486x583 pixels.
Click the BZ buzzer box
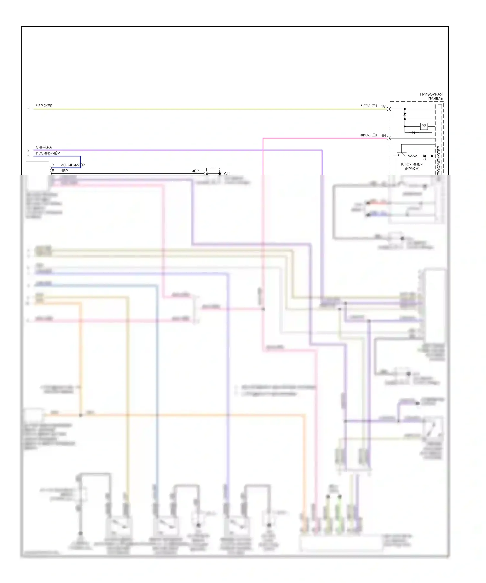(x=424, y=126)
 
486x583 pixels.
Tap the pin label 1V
(x=383, y=107)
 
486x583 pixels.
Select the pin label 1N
(x=383, y=136)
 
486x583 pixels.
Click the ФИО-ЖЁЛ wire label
(x=369, y=135)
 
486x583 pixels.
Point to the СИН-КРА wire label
(x=43, y=147)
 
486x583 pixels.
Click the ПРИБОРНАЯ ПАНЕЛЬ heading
(x=431, y=96)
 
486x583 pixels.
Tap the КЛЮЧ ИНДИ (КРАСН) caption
(x=412, y=166)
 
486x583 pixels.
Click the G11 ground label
(x=227, y=174)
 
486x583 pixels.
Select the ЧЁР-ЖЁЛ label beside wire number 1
(x=44, y=106)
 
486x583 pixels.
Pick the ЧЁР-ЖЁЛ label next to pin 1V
(x=369, y=106)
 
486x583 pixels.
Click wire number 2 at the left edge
(x=28, y=150)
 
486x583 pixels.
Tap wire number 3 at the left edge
(x=28, y=156)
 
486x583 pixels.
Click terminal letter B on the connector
(x=53, y=165)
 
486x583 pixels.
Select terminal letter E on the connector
(x=53, y=171)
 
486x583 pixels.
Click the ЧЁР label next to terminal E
(x=64, y=171)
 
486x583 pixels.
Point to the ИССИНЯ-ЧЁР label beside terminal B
(x=72, y=165)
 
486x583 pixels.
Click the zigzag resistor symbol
(x=413, y=156)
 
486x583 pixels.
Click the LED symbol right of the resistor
(x=424, y=157)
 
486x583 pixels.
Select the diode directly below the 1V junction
(x=405, y=114)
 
